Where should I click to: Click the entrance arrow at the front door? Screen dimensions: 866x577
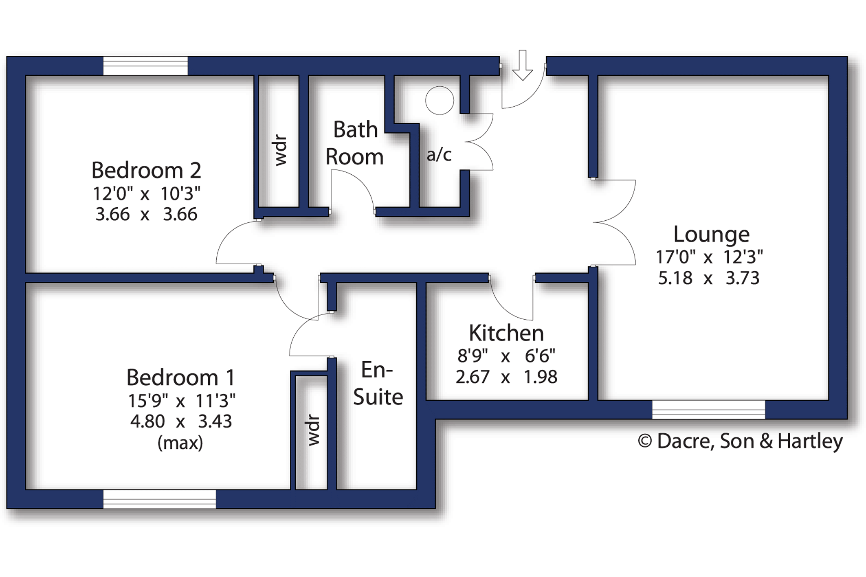(523, 65)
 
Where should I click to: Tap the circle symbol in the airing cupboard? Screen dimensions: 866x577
(440, 100)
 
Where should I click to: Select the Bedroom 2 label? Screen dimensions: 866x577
(146, 170)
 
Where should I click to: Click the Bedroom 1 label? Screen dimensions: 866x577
(181, 377)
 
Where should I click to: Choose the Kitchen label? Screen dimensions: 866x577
(506, 333)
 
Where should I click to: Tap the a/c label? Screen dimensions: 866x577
(439, 155)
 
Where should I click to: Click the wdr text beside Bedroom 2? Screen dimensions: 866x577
(281, 150)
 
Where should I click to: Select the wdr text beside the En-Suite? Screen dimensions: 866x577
(314, 430)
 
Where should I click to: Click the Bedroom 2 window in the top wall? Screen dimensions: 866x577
(145, 66)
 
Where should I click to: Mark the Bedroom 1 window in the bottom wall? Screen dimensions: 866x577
(159, 499)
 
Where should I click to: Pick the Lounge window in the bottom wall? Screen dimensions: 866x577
(708, 410)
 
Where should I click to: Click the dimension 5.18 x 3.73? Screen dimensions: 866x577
(709, 278)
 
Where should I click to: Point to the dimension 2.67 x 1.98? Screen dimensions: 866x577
(506, 377)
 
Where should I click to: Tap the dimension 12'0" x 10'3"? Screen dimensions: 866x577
(147, 194)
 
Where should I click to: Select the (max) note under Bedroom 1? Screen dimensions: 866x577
(180, 443)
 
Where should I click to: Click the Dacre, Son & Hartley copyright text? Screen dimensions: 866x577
(740, 441)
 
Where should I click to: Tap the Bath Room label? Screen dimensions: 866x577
(355, 143)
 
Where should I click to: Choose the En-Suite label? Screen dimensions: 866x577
(378, 384)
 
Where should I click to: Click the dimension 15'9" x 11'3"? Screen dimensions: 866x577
(182, 401)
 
